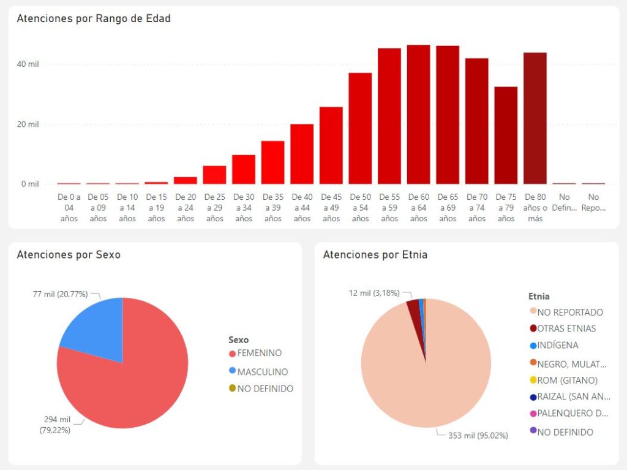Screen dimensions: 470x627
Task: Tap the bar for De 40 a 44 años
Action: pyautogui.click(x=302, y=154)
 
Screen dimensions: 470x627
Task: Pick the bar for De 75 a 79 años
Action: pyautogui.click(x=506, y=135)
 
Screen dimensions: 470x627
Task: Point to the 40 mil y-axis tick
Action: pyautogui.click(x=30, y=64)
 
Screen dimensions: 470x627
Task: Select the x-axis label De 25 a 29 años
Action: pyautogui.click(x=214, y=208)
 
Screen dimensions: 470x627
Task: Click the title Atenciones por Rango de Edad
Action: pyautogui.click(x=94, y=18)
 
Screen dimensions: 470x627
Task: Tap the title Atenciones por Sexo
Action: pyautogui.click(x=69, y=254)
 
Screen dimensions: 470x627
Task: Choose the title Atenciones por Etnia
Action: pyautogui.click(x=375, y=254)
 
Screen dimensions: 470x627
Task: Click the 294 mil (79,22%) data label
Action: pyautogui.click(x=56, y=425)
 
